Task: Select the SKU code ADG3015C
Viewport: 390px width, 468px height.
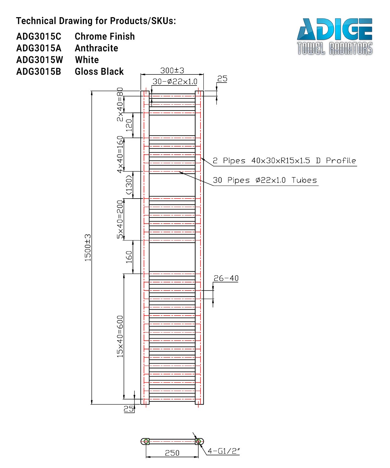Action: click(x=39, y=36)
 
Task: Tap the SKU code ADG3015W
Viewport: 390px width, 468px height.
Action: click(x=40, y=60)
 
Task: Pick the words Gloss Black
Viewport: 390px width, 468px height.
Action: click(x=99, y=71)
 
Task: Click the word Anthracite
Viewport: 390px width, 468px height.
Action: click(x=96, y=48)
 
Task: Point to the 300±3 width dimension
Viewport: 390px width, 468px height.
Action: click(x=172, y=70)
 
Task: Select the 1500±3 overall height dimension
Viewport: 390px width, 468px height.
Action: click(x=88, y=248)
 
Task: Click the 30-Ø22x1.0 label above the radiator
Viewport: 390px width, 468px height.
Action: click(x=175, y=82)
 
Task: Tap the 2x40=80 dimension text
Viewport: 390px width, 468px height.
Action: click(x=120, y=104)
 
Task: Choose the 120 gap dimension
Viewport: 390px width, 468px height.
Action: click(x=129, y=125)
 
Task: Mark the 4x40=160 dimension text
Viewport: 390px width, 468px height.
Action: click(x=120, y=154)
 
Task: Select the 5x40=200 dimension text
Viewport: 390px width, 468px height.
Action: click(x=120, y=219)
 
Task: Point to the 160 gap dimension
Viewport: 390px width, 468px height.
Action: click(x=129, y=257)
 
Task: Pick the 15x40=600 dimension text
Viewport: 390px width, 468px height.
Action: click(x=120, y=336)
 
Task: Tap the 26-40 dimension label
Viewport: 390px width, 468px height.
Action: click(x=226, y=278)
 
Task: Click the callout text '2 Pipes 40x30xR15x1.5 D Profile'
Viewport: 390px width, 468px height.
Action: click(x=284, y=161)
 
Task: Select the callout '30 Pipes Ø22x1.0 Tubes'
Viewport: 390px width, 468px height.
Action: click(x=265, y=180)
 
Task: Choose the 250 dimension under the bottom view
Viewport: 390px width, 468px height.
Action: click(x=172, y=453)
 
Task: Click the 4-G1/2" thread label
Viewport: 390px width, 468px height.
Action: click(x=224, y=451)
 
